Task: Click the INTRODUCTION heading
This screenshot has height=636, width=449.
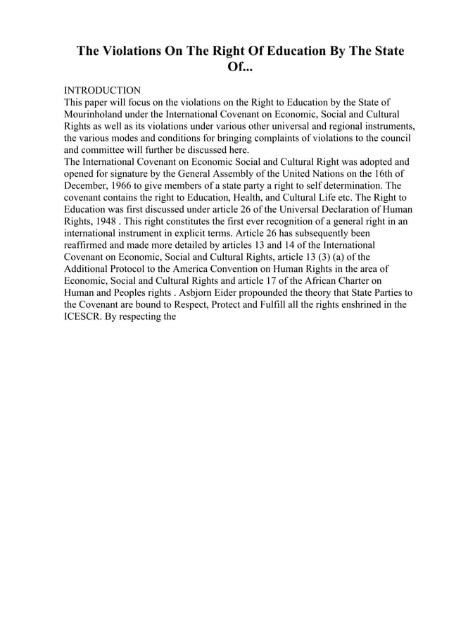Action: coord(102,91)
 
